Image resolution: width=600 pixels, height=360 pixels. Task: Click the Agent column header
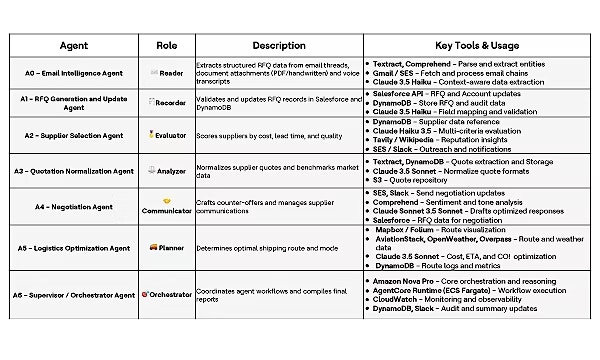74,46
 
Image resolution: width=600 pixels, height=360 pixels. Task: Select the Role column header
167,46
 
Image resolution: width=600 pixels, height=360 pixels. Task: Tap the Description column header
279,46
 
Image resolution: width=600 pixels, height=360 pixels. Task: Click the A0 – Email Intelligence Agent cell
74,74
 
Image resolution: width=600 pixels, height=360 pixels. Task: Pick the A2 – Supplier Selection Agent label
74,134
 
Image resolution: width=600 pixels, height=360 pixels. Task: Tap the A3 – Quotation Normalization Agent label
74,170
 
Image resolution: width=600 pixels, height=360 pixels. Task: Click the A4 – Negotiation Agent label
74,207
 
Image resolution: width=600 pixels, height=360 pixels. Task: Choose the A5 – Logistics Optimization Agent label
74,247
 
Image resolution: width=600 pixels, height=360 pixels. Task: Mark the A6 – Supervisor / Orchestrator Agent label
74,294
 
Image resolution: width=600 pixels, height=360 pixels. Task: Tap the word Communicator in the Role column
167,212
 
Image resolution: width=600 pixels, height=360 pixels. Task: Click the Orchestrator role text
170,294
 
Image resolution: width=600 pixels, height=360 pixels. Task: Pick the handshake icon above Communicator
167,200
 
